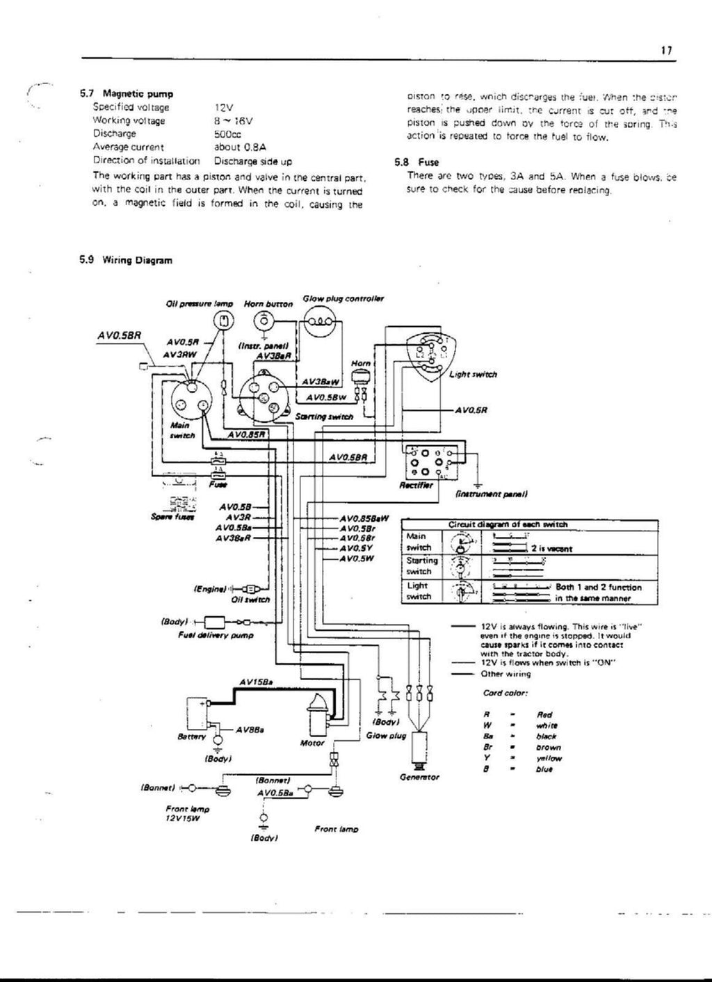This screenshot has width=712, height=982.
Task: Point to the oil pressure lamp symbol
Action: coord(224,321)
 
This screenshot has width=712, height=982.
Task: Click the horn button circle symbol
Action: coord(265,321)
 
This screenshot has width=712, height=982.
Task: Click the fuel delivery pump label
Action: coord(216,635)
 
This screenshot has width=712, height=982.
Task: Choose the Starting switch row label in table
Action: coord(421,565)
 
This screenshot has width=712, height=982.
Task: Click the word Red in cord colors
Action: coord(544,714)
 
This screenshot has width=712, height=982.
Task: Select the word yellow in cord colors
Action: coord(549,759)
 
